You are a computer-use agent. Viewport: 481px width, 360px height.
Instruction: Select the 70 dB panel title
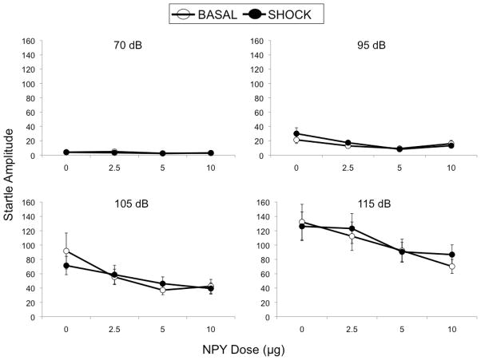[129, 45]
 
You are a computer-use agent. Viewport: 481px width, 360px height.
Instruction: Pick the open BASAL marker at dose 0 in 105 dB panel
[66, 251]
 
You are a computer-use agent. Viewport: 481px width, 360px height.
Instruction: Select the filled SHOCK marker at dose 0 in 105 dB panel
[66, 265]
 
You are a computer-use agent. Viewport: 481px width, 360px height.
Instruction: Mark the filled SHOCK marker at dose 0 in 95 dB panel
[297, 134]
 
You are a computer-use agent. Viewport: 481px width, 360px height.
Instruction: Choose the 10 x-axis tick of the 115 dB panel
[452, 330]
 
